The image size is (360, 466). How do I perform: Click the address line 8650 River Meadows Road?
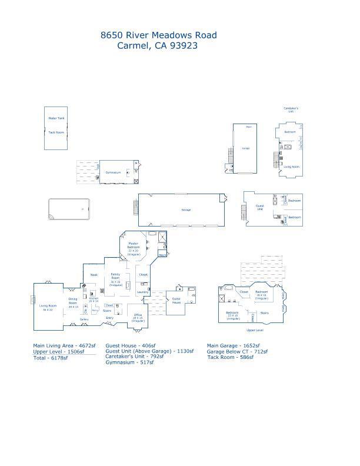point(158,35)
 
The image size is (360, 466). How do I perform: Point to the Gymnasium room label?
point(113,172)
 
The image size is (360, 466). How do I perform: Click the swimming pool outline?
point(69,209)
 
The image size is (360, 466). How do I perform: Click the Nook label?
point(94,275)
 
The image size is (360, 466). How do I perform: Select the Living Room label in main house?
point(47,307)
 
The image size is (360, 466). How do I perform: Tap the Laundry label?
point(142,292)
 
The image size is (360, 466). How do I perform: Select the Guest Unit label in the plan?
point(259,207)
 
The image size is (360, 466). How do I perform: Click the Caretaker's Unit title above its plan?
point(291,109)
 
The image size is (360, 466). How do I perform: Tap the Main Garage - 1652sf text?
point(234,346)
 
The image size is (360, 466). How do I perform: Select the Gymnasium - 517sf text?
point(129,363)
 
